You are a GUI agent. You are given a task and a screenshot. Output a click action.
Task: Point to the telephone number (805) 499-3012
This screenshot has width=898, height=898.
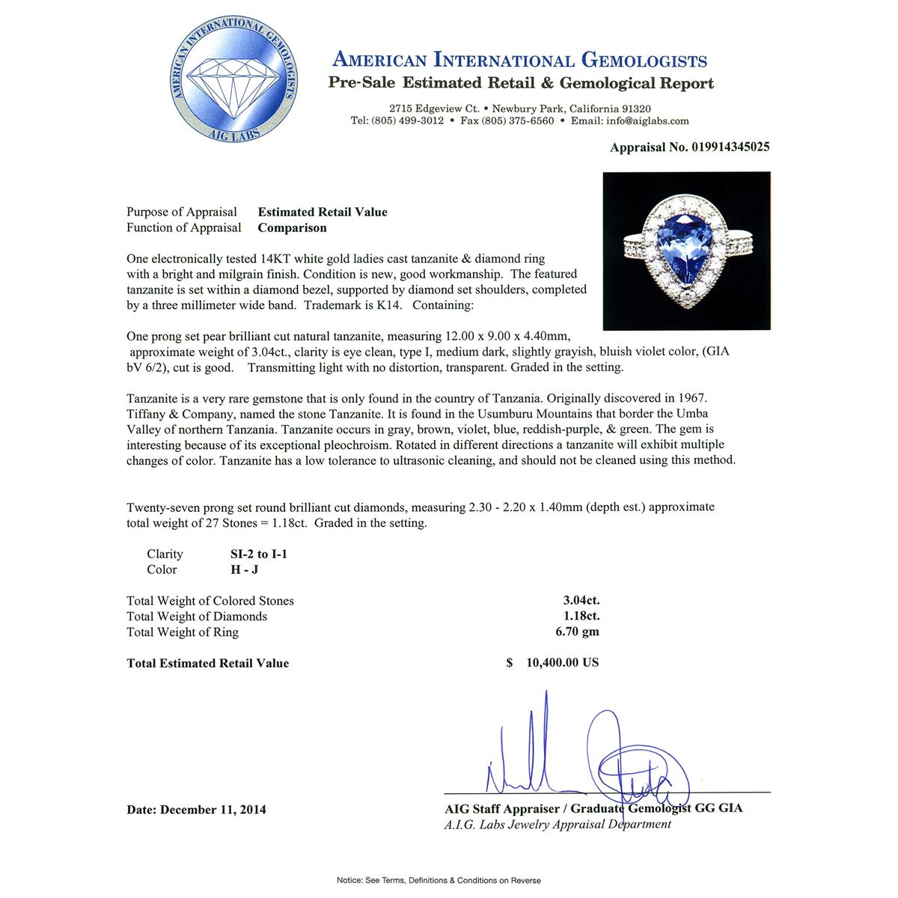click(407, 121)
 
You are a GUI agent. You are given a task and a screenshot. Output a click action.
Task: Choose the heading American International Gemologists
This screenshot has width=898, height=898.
click(519, 60)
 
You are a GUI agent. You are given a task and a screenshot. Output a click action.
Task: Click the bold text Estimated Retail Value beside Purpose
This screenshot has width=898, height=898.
click(323, 213)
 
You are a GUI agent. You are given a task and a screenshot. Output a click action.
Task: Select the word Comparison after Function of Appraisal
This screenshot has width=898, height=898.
click(292, 228)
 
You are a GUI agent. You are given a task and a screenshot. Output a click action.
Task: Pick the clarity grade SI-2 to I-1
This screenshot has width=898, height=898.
click(259, 555)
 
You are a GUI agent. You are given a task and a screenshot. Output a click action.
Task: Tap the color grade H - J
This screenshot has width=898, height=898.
click(245, 570)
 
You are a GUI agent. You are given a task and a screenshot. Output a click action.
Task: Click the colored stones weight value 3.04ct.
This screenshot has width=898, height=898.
click(581, 601)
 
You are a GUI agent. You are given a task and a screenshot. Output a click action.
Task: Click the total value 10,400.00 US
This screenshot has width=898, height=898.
click(562, 663)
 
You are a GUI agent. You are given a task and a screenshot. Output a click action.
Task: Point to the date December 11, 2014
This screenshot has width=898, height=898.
click(213, 810)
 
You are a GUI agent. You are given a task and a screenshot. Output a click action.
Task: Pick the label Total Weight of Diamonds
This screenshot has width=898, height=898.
click(197, 617)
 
